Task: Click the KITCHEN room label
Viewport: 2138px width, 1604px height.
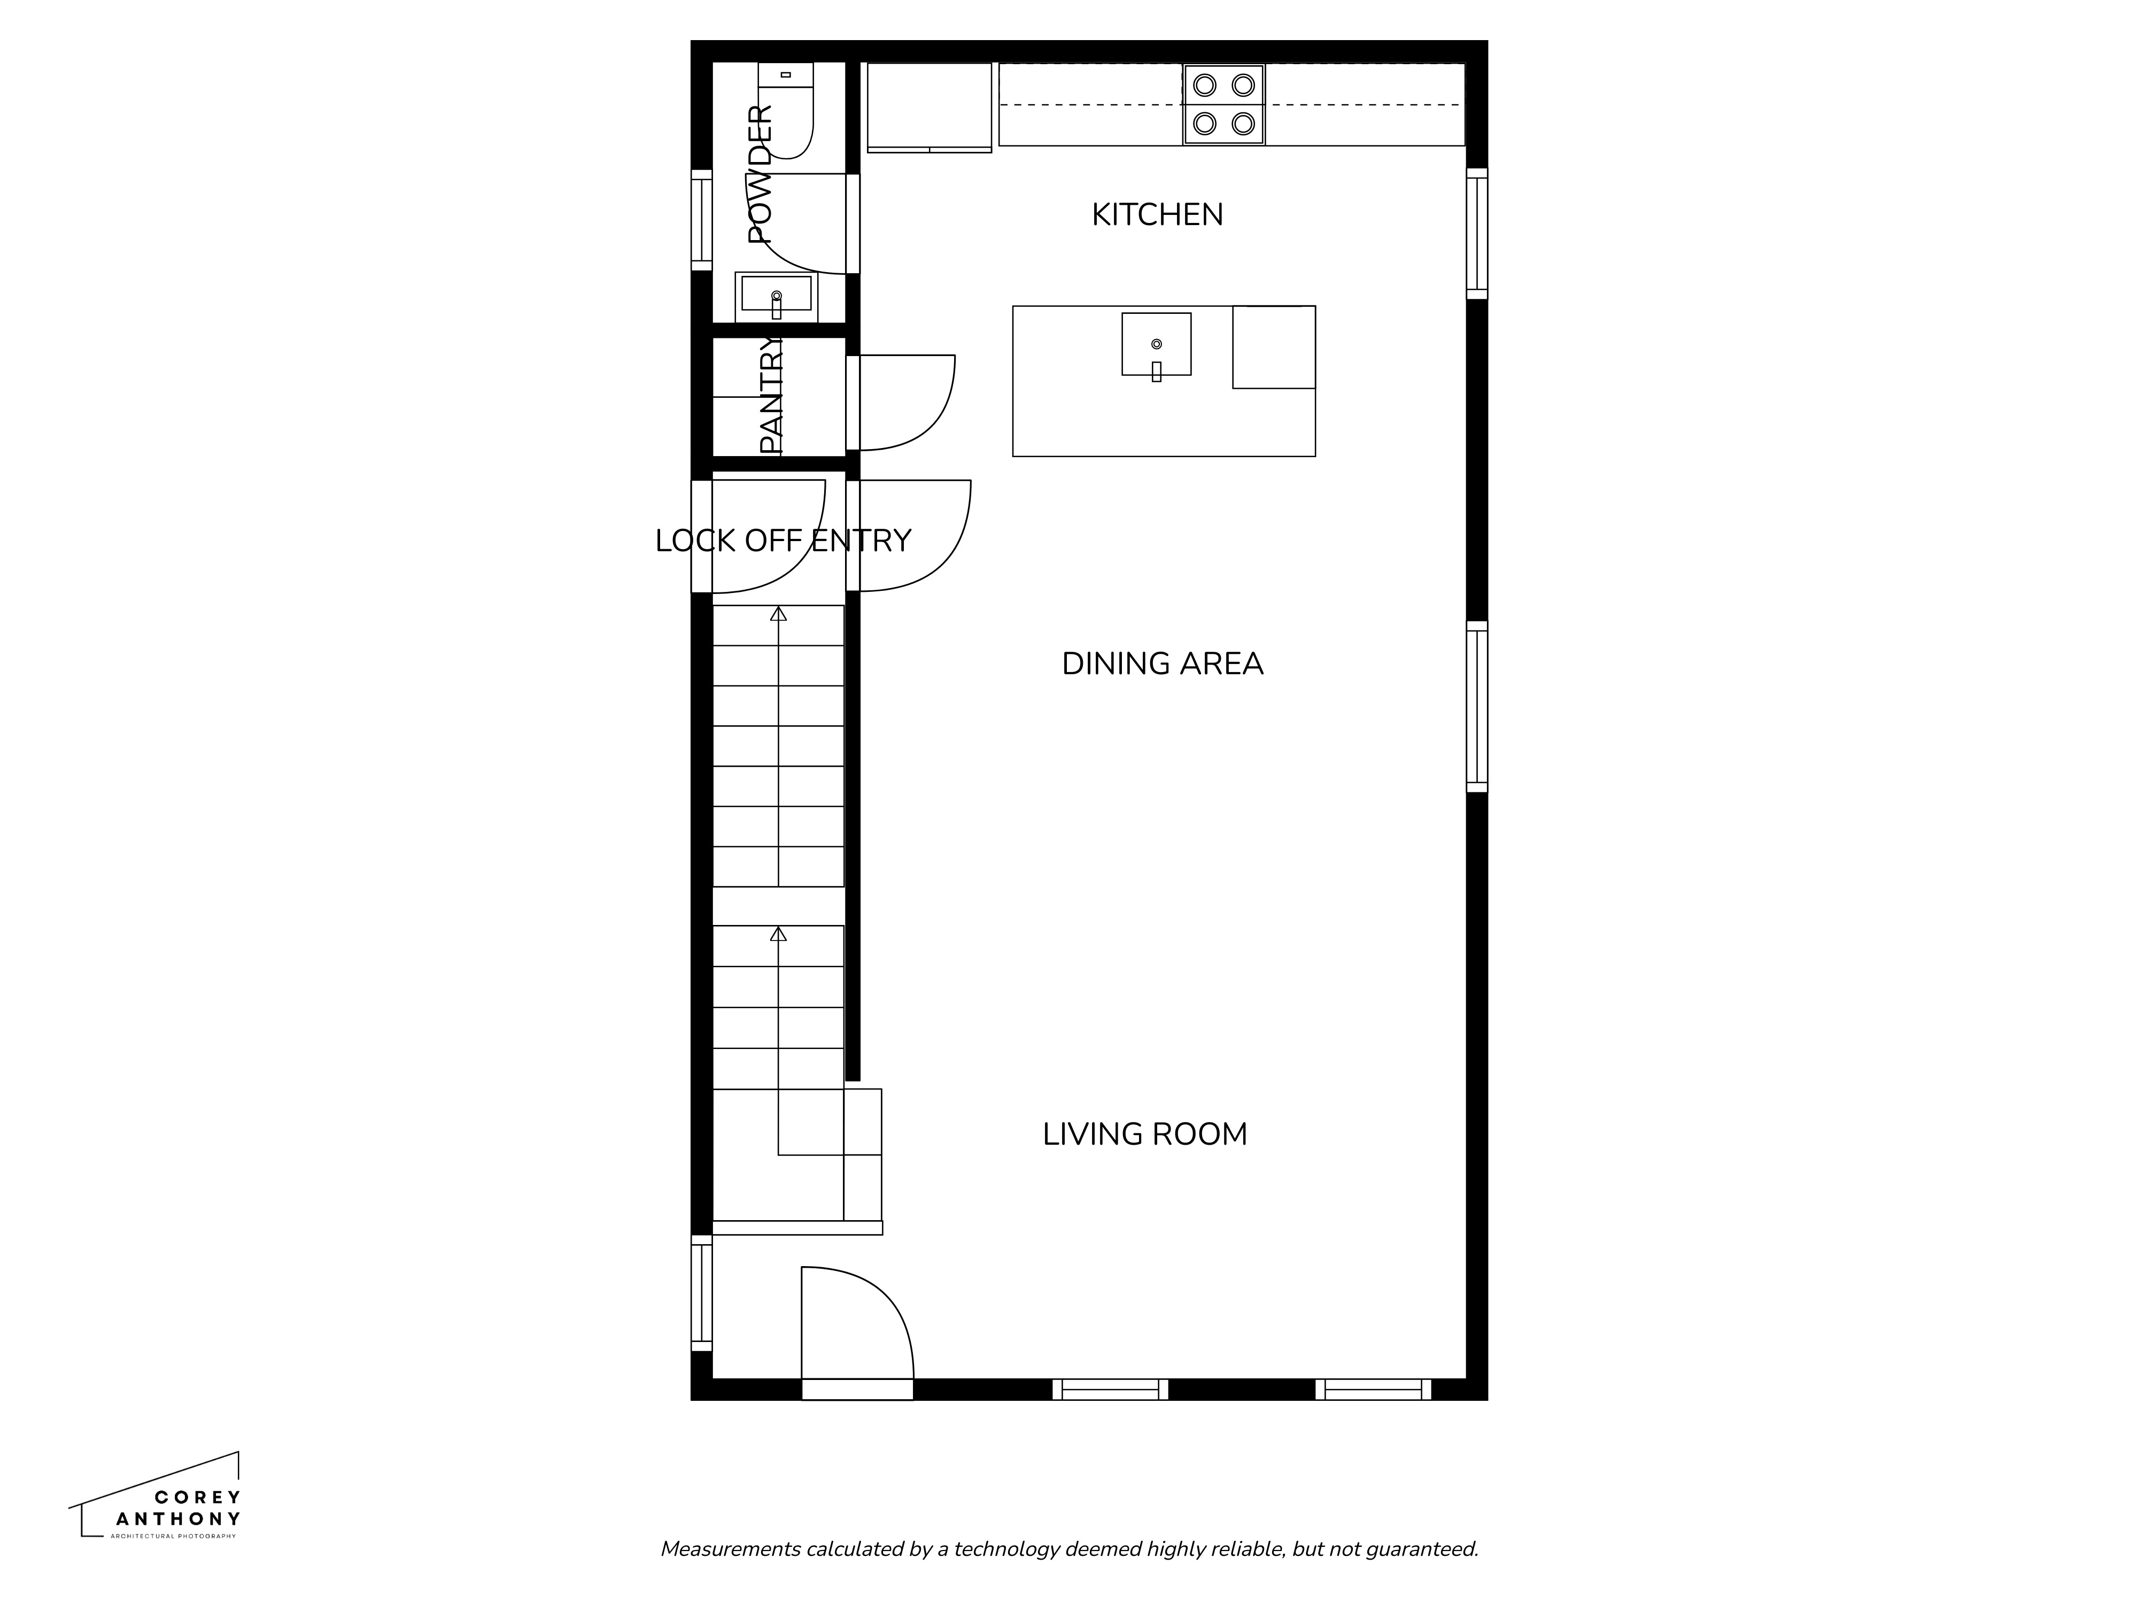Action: point(1157,214)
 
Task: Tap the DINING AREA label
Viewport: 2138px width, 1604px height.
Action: point(1162,664)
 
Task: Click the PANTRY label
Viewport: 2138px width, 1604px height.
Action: point(770,396)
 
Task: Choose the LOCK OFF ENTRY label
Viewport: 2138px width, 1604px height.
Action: point(783,541)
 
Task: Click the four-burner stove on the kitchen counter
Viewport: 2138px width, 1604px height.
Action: point(1223,104)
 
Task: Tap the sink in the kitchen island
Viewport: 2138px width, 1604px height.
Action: point(1156,344)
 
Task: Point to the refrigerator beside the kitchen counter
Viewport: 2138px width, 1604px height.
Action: point(929,106)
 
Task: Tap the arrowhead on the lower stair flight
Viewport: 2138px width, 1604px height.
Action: point(778,934)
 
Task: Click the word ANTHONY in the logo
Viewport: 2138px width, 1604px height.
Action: point(178,1519)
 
